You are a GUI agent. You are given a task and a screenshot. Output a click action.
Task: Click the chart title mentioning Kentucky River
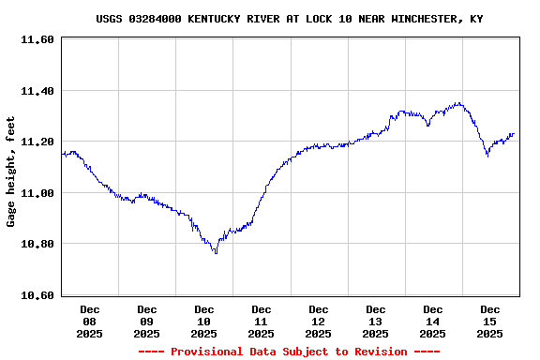pos(289,19)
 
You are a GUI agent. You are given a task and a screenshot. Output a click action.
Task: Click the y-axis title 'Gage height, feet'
pos(11,172)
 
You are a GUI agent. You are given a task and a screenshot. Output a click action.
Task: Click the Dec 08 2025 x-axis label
pos(90,321)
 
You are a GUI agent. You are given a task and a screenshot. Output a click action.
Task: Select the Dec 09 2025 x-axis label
pos(147,321)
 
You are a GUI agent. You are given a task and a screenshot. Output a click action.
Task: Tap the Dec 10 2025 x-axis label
pos(204,321)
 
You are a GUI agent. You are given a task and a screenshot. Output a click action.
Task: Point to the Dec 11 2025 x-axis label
pos(262,321)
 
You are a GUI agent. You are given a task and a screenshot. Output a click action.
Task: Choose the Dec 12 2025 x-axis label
pos(319,321)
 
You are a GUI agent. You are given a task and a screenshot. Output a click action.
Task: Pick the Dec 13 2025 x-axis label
pos(376,321)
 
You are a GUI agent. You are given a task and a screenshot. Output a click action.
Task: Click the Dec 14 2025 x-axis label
pos(433,321)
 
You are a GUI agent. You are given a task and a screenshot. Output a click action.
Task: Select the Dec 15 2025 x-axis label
pos(490,321)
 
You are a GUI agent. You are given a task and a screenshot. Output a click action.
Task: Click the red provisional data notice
pos(289,352)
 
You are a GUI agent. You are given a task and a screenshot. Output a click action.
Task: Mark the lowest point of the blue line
pos(216,253)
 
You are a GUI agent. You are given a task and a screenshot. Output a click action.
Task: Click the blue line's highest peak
pos(457,103)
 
